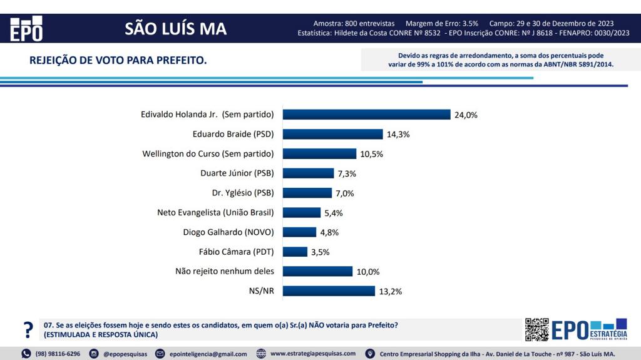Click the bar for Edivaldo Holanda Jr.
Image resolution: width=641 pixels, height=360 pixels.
[x=366, y=115]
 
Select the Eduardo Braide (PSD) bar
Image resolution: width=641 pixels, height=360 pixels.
[x=332, y=134]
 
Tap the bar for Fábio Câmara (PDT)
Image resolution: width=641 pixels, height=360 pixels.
[x=295, y=252]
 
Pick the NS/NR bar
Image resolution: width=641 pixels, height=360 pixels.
[x=329, y=291]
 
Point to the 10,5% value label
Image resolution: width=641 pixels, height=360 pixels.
[x=371, y=154]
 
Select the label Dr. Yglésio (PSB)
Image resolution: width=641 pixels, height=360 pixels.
[x=244, y=193]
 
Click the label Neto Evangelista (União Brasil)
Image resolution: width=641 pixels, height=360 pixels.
[x=215, y=212]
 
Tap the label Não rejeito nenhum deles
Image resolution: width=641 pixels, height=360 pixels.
[x=225, y=271]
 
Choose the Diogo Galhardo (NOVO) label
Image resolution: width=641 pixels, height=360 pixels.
[x=228, y=232]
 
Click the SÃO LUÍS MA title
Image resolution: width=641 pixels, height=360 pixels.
[x=175, y=29]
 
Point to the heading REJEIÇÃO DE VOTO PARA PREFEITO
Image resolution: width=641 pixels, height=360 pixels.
[x=118, y=61]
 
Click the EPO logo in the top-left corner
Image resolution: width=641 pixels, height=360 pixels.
[x=26, y=29]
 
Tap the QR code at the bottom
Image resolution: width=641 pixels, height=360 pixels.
[x=536, y=329]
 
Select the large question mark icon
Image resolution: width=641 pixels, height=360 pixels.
[x=28, y=329]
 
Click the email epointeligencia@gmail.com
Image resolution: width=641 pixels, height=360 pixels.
[x=208, y=354]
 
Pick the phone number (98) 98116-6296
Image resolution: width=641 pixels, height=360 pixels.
[x=58, y=354]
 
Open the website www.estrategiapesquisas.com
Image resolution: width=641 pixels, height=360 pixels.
[x=313, y=354]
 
